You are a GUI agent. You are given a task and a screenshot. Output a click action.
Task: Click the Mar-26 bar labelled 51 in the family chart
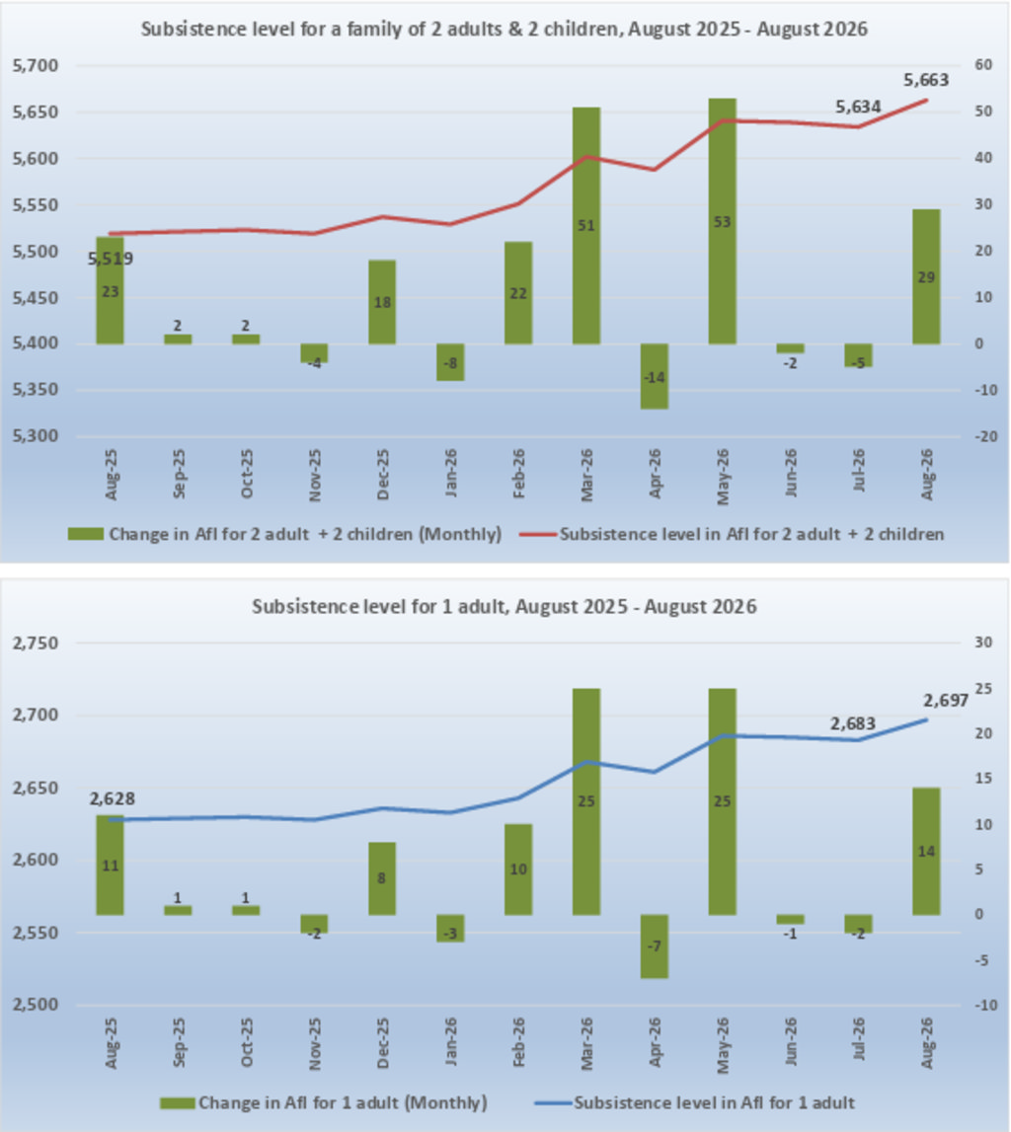pyautogui.click(x=586, y=225)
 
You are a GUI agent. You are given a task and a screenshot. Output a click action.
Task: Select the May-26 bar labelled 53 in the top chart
pyautogui.click(x=722, y=221)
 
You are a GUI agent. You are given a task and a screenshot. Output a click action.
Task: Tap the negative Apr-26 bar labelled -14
pyautogui.click(x=655, y=376)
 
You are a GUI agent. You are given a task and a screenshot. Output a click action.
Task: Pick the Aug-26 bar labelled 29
pyautogui.click(x=926, y=276)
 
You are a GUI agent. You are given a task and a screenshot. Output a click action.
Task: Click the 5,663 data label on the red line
pyautogui.click(x=926, y=79)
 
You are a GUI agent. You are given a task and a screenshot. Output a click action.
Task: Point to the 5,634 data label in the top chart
pyautogui.click(x=858, y=107)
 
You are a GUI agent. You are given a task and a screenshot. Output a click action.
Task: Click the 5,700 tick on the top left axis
pyautogui.click(x=36, y=66)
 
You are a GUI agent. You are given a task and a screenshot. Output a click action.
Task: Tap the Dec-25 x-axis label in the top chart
pyautogui.click(x=382, y=475)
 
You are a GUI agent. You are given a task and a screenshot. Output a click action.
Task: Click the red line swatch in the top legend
pyautogui.click(x=538, y=534)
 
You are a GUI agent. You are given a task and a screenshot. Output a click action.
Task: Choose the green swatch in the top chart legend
pyautogui.click(x=85, y=534)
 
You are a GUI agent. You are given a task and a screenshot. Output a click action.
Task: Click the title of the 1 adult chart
pyautogui.click(x=505, y=606)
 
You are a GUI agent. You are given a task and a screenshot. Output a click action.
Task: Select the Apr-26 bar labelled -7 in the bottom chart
pyautogui.click(x=655, y=946)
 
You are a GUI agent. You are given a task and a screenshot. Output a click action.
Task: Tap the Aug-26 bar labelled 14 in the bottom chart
pyautogui.click(x=926, y=851)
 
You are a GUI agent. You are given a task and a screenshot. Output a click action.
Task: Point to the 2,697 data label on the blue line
pyautogui.click(x=945, y=701)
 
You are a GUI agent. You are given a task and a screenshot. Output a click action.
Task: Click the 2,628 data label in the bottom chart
pyautogui.click(x=112, y=798)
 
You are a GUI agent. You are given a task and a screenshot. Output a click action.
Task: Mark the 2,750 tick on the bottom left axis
pyautogui.click(x=36, y=642)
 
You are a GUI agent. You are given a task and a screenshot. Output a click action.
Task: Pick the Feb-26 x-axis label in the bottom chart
pyautogui.click(x=518, y=1043)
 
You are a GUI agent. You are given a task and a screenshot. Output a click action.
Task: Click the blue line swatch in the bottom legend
pyautogui.click(x=553, y=1103)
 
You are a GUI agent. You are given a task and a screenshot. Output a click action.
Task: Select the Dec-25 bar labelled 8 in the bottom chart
pyautogui.click(x=382, y=878)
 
